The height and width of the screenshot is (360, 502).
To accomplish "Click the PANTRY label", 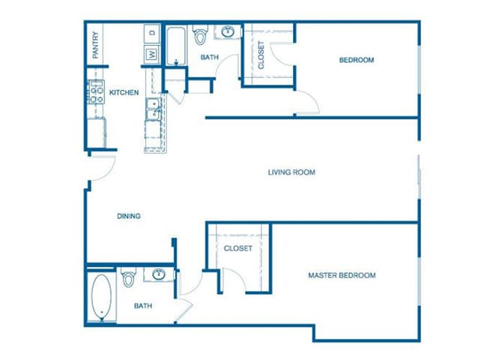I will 96,44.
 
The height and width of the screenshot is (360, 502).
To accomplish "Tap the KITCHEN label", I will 124,92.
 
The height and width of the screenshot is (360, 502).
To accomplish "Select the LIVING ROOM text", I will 291,172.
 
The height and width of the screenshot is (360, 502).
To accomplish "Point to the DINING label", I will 129,216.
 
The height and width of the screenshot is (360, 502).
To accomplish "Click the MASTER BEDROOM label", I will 342,275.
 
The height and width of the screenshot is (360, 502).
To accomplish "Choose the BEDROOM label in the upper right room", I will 356,60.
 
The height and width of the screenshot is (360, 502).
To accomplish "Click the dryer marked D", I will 152,34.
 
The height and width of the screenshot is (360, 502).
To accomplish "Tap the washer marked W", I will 152,54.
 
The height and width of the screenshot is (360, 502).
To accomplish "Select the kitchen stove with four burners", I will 97,93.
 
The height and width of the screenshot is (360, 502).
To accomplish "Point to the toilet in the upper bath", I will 200,36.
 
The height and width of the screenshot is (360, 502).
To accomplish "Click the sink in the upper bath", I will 226,32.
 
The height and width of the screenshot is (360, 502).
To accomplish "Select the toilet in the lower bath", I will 129,277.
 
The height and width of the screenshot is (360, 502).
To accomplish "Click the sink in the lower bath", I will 159,274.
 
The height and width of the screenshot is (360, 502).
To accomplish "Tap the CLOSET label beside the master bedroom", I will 238,248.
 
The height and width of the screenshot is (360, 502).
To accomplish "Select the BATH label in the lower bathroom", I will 144,306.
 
